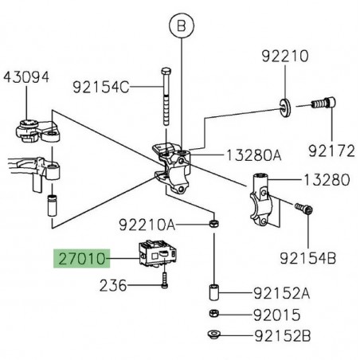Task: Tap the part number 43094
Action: point(25,77)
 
